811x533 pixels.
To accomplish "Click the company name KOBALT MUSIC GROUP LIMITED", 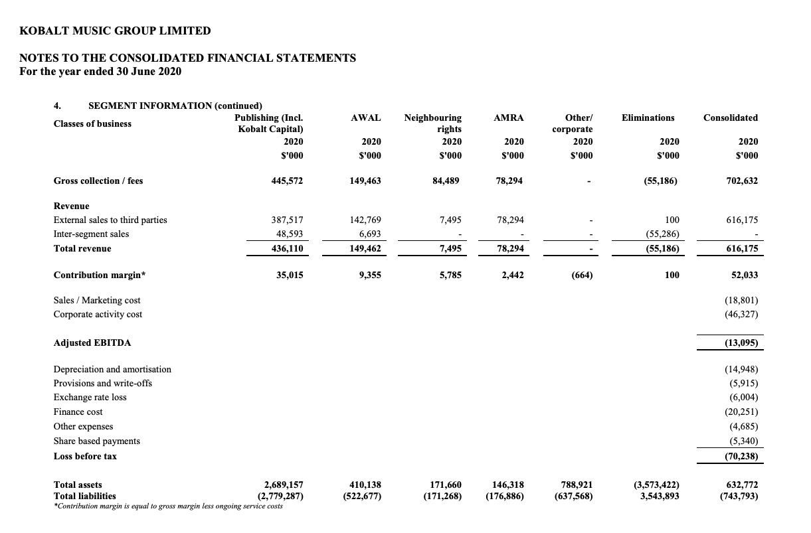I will pos(116,31).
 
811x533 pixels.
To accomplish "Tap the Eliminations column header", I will pos(648,117).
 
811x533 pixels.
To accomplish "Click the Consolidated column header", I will pos(730,117).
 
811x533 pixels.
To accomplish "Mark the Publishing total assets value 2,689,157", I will pos(280,485).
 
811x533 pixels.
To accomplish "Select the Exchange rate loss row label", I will pos(90,397).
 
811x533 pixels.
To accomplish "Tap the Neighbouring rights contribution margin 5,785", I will pos(450,275).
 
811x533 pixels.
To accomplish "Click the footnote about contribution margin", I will pos(167,506).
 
